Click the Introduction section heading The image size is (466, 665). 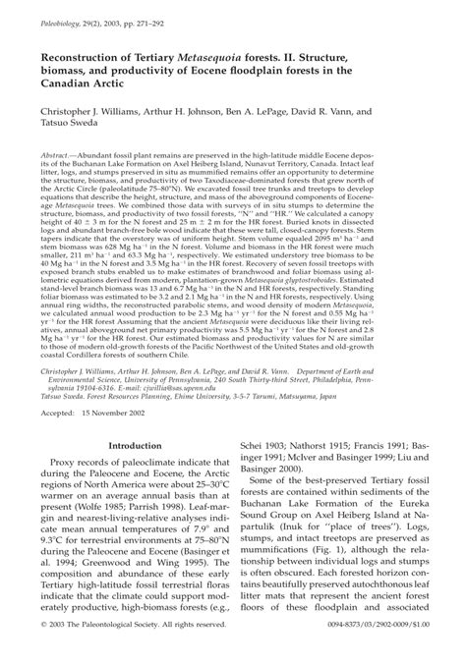[134, 445]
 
